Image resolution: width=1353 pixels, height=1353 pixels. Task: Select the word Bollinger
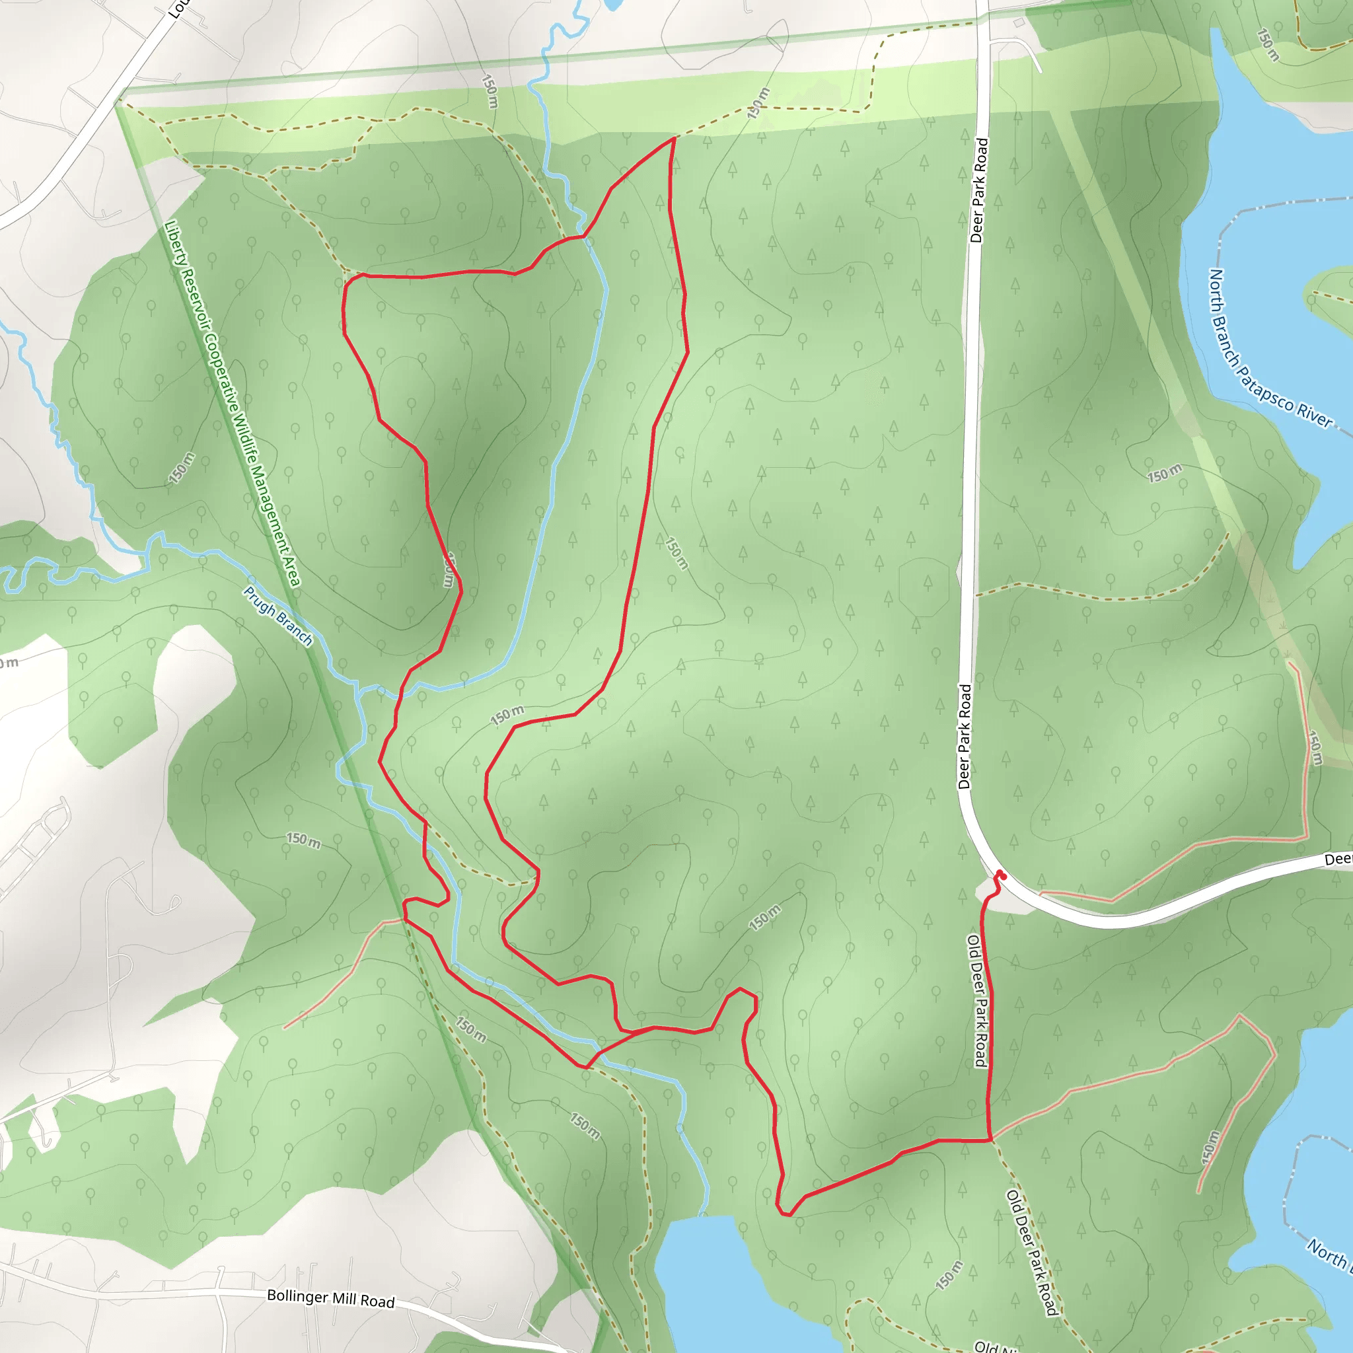[x=298, y=1296]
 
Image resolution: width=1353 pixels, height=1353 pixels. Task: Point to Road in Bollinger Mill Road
[x=378, y=1301]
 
